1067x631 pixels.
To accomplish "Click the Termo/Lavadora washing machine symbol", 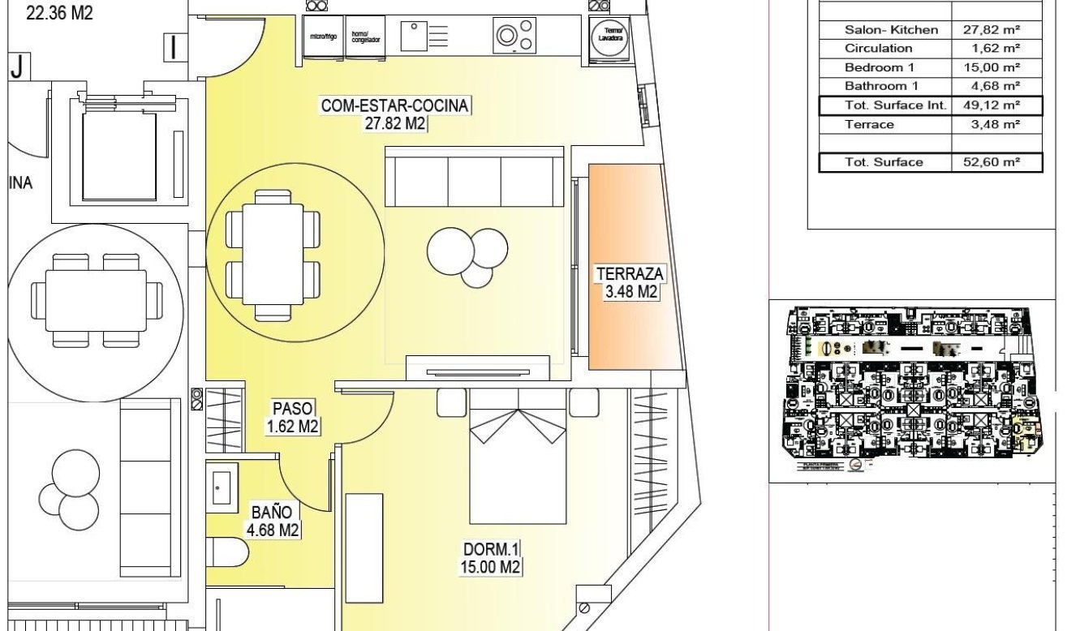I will pos(610,39).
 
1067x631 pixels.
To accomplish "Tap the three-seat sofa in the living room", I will pos(474,177).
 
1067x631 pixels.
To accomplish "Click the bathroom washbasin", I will pos(221,485).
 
